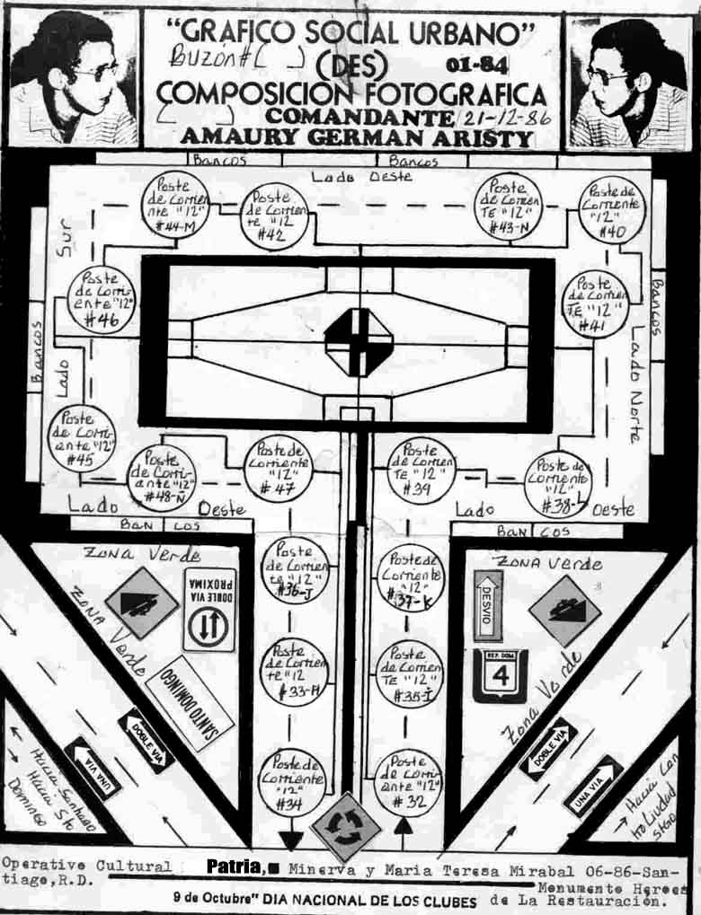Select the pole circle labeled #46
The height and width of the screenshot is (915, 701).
101,300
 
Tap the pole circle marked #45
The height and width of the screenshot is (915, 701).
82,438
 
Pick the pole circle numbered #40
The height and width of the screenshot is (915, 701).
611,211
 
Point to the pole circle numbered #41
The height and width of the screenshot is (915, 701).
595,304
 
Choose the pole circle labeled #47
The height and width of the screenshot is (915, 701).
279,467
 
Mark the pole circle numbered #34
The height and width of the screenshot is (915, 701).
292,782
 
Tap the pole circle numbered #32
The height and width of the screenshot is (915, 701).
407,782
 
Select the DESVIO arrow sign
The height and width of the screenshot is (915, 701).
488,603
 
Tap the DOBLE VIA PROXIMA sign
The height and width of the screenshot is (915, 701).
209,609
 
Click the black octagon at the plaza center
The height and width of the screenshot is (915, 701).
359,342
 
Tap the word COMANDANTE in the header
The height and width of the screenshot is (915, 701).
359,118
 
